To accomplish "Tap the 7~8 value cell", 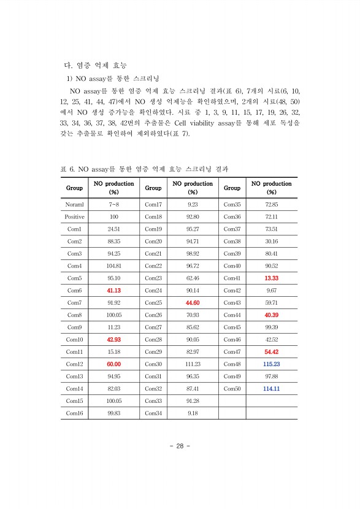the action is (113, 204).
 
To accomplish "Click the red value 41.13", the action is (113, 290).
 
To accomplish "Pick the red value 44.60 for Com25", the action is (193, 302).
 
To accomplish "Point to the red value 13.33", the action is (271, 278).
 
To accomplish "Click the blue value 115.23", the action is (271, 364).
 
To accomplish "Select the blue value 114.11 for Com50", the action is (271, 388).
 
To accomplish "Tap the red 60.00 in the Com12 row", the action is (113, 364).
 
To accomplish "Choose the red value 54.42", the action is (271, 351).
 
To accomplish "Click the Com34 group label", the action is (153, 413).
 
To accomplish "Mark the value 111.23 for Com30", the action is (193, 364).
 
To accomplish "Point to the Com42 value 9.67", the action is (271, 290).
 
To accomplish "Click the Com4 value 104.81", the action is (113, 266).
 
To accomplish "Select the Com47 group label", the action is (232, 351).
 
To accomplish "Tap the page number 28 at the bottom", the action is (180, 446).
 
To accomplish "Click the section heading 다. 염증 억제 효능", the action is (96, 64).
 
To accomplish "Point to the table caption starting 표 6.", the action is (145, 167).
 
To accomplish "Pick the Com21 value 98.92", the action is (193, 253).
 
